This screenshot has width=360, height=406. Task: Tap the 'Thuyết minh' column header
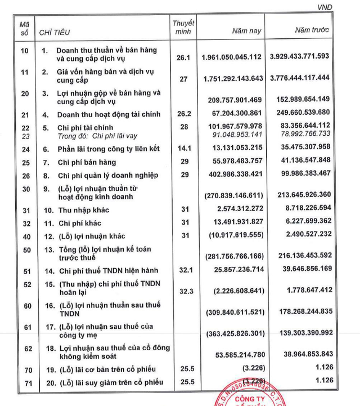[x=183, y=26]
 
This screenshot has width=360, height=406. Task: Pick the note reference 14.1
[x=182, y=149]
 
